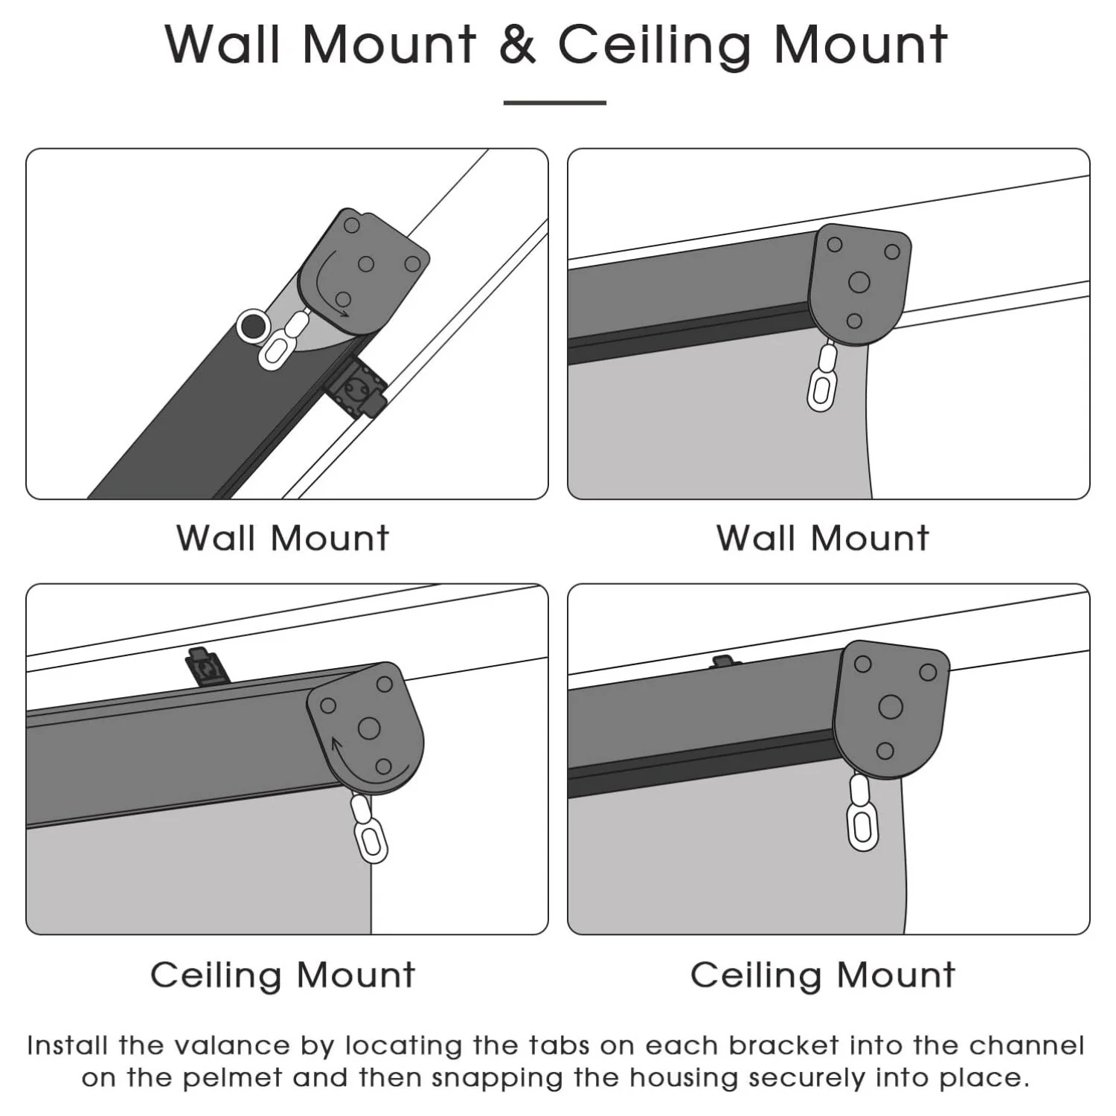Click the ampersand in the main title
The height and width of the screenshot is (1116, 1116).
[517, 45]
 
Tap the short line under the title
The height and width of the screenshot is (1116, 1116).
[555, 103]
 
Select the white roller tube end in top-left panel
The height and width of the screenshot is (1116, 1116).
[253, 326]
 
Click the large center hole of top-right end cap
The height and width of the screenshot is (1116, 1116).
[859, 282]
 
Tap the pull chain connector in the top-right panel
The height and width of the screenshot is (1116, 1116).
[823, 379]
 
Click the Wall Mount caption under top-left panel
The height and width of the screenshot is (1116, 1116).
[283, 538]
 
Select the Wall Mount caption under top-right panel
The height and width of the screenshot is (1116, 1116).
[823, 538]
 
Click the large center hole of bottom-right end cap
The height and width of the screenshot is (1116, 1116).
[890, 706]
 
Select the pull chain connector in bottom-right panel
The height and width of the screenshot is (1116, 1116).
[862, 815]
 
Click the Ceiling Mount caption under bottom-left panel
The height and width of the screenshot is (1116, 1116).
[283, 975]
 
